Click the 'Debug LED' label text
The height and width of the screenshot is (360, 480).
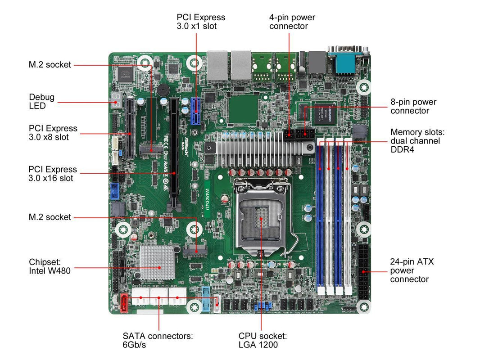[41, 101]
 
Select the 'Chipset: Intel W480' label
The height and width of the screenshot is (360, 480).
[50, 266]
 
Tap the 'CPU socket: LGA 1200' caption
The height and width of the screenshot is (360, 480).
[263, 340]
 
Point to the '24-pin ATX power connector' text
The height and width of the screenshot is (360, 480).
[412, 270]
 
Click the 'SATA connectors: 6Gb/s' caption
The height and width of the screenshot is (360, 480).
[158, 340]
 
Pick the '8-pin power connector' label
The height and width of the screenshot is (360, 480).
[413, 107]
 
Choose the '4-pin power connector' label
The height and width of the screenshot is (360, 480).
[292, 22]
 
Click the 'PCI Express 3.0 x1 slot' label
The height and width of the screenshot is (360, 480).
[201, 22]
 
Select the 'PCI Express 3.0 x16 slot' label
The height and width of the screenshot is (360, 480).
[53, 174]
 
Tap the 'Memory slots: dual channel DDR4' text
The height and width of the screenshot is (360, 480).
[417, 141]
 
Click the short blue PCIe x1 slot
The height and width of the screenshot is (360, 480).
[196, 111]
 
